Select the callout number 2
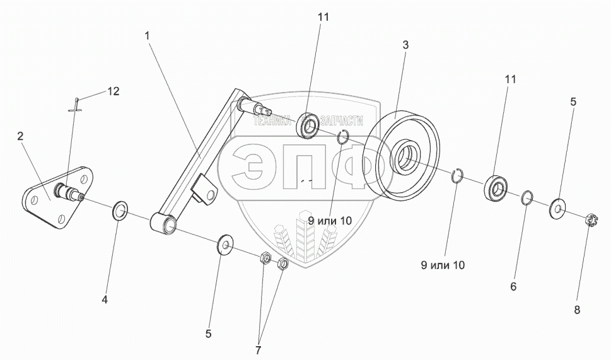coord(20,136)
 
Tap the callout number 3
coord(406,45)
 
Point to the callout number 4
coord(105,300)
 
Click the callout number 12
coord(113,91)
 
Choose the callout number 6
coord(513,286)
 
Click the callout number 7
coord(258,349)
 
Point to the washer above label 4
coord(120,211)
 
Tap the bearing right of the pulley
coord(496,188)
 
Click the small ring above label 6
coord(528,199)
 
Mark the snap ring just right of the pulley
coord(460,176)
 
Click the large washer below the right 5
coord(558,206)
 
